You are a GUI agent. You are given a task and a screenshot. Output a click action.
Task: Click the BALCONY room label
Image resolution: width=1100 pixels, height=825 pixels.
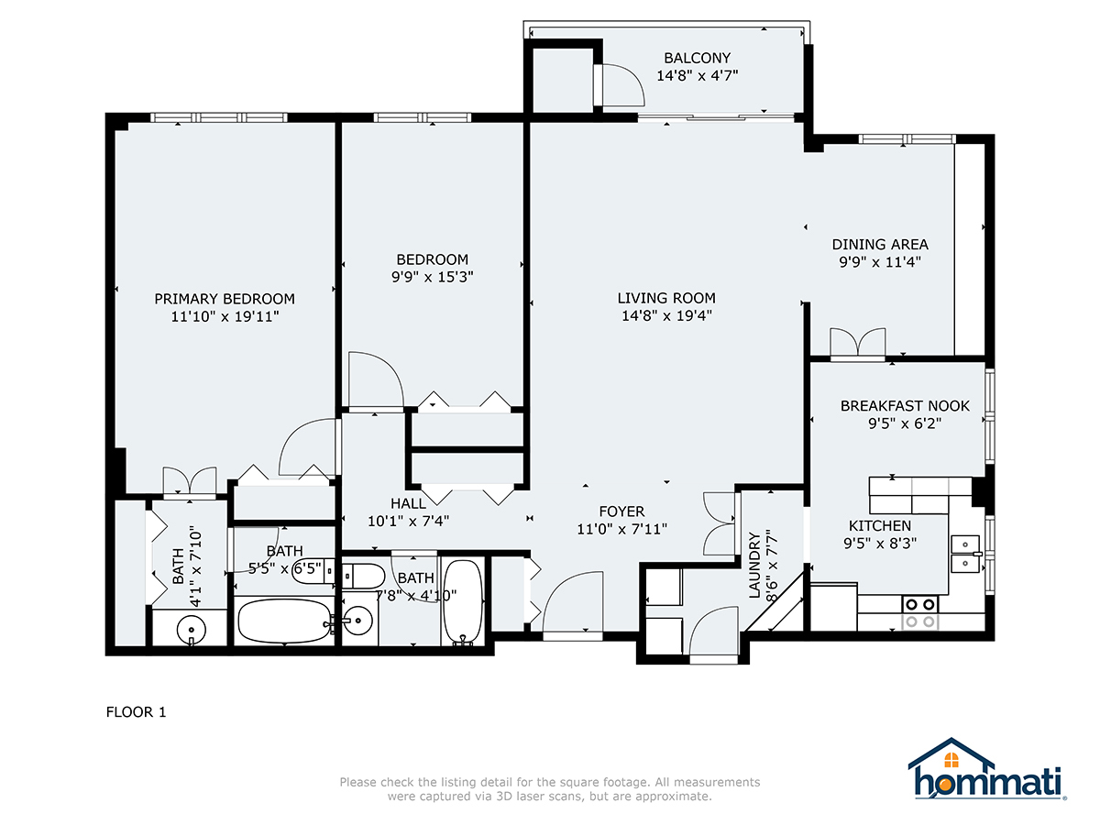point(697,58)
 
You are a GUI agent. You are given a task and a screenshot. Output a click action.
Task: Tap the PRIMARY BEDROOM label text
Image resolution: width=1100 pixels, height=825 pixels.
point(225,299)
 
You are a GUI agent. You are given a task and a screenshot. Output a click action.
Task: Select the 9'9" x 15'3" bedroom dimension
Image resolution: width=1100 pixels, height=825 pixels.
point(432,277)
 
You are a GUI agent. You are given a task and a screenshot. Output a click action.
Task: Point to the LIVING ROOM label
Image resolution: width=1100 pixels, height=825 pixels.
point(666,298)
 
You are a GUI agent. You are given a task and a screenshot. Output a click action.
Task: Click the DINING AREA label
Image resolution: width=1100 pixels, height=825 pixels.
point(880,245)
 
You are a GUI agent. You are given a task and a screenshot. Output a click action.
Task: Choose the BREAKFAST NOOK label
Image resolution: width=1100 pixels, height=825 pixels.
point(905,406)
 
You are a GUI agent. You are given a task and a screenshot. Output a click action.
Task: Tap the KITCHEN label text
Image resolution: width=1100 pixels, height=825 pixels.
point(879,526)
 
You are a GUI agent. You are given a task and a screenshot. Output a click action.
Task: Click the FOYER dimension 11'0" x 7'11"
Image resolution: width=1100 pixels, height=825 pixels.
point(621,529)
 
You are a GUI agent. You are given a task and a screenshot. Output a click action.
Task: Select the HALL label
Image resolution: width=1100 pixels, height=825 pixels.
point(408,503)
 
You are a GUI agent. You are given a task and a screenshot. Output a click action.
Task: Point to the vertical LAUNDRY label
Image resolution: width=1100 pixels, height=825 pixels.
point(754,565)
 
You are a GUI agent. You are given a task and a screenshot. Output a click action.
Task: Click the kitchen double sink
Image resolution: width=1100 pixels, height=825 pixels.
point(964,554)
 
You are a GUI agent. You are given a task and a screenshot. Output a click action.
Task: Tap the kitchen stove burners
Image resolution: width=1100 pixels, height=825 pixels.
point(920,612)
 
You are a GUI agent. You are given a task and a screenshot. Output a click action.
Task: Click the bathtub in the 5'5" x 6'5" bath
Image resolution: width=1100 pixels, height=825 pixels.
point(284,621)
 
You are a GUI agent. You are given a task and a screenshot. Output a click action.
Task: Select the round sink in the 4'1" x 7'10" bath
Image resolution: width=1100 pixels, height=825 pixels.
point(191,630)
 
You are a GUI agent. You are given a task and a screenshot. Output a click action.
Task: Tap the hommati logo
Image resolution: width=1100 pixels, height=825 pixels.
point(986,769)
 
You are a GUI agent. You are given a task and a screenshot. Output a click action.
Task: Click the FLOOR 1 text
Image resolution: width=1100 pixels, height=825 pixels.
point(136,712)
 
